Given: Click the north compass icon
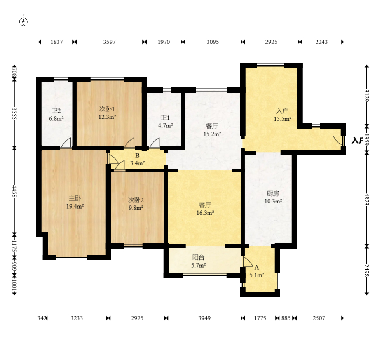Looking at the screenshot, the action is pos(23,21).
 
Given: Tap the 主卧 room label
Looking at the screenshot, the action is pos(75,198).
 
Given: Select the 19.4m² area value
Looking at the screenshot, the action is pos(75,207).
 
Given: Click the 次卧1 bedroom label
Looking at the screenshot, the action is pos(107,109).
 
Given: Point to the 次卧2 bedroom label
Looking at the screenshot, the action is pos(136,200).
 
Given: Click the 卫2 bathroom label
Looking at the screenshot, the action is pos(56,111).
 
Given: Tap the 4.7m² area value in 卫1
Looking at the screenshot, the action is pos(166,125).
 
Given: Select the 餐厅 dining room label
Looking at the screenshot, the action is pos(212,126).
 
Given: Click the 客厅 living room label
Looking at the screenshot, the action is pos(205,205).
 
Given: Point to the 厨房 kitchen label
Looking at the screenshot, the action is pos(273,193).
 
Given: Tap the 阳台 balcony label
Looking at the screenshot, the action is pos(198,257).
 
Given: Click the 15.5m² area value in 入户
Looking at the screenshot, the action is pos(283,119).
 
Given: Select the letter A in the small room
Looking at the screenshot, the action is pos(256,268).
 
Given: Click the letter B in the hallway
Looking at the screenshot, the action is pos(138,155).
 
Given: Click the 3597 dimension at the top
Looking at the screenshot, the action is pos(109,42).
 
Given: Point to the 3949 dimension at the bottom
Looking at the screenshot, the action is pos(204,318).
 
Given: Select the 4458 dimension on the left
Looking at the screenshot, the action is pos(14,191).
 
